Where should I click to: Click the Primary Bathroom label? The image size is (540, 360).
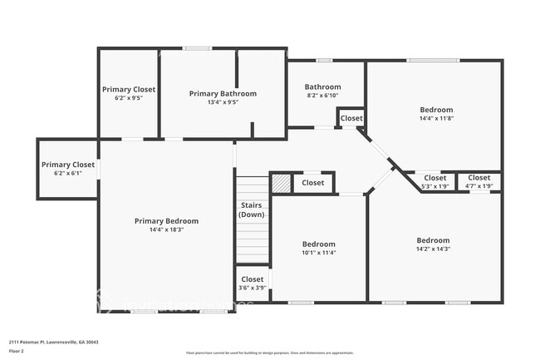223,94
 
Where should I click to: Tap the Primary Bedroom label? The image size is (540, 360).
166,221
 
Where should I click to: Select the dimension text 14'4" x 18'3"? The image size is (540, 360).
166,230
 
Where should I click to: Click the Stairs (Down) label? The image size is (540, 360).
252,210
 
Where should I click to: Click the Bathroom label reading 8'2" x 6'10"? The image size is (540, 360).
322,87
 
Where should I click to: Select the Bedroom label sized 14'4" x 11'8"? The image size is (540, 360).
436,110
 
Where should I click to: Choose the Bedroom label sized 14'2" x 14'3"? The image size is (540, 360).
433,240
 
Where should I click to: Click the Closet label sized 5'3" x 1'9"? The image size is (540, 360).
435,178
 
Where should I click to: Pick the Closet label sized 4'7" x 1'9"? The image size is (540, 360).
479,178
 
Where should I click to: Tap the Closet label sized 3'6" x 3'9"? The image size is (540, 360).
253,279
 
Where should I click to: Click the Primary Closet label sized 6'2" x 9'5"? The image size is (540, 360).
128,89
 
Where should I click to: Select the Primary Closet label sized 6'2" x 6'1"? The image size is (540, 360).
68,165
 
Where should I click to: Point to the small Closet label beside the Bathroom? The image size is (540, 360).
351,119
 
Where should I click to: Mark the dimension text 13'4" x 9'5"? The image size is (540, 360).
223,103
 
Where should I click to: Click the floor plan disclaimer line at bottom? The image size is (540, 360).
270,353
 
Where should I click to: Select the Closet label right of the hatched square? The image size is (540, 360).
313,183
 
